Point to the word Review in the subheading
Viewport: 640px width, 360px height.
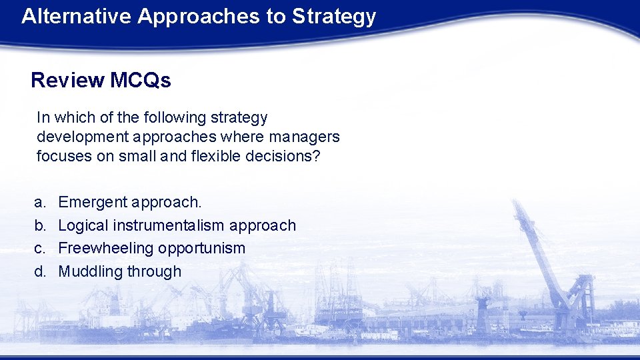pos(67,81)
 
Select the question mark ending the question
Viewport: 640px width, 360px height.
pos(317,157)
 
